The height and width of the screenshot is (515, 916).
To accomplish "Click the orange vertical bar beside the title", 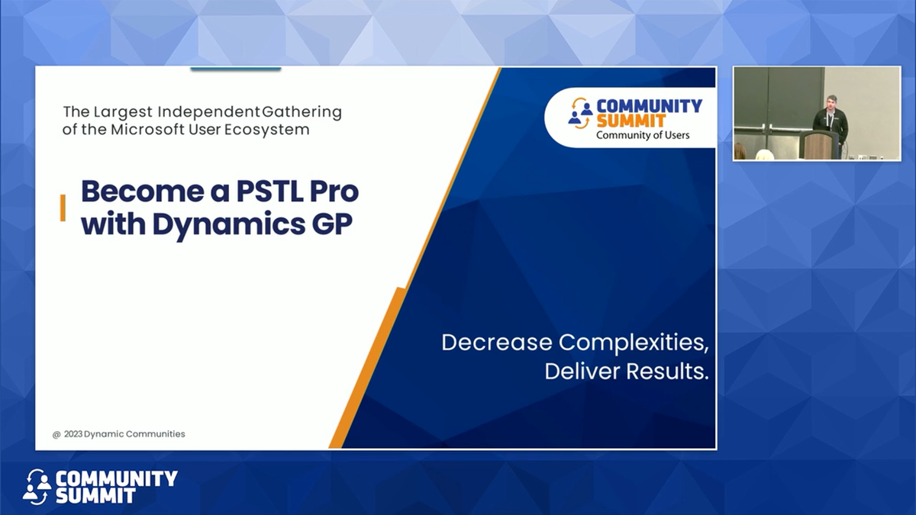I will (63, 208).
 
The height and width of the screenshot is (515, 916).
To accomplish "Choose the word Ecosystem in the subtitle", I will (273, 130).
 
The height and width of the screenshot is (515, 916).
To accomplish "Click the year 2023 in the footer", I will (73, 434).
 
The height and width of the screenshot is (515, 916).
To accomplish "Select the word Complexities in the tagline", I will (634, 343).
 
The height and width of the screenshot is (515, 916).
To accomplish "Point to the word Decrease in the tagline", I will (497, 343).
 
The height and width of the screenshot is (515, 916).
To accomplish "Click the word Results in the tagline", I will (668, 373).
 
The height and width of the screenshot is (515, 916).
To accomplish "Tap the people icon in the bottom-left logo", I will (37, 486).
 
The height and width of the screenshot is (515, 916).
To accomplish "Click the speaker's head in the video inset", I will (832, 102).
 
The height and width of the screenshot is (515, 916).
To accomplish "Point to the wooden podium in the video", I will (820, 145).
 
